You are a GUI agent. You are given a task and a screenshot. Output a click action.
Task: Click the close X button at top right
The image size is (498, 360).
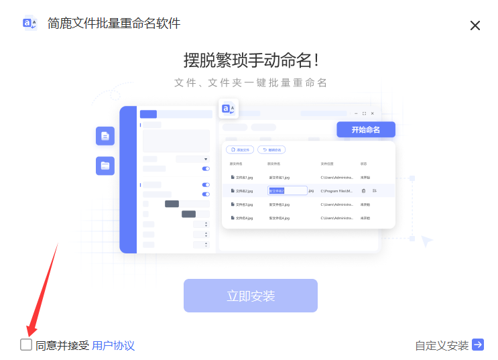pos(475,25)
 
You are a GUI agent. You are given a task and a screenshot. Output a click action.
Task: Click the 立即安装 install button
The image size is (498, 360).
pos(251,296)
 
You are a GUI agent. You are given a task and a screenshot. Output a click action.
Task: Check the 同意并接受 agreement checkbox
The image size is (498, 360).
pos(26,345)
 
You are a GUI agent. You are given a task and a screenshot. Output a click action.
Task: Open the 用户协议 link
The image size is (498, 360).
pos(113,345)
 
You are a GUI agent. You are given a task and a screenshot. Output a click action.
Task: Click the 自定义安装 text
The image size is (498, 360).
pos(442,345)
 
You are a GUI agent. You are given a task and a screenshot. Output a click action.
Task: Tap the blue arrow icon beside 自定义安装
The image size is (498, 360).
pos(478,345)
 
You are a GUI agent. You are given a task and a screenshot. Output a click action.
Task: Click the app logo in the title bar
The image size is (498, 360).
pos(30,23)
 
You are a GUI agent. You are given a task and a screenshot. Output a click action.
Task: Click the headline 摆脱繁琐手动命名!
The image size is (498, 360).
pos(251,60)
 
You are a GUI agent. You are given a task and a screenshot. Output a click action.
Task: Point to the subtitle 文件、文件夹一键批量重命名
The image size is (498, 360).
pos(251,82)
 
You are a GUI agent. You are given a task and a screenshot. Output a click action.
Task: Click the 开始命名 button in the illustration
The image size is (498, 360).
pos(365,129)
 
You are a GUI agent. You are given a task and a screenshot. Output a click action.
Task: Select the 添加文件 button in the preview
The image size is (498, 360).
pos(240,149)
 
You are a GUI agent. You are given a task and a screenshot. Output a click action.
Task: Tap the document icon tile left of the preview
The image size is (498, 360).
pos(105,136)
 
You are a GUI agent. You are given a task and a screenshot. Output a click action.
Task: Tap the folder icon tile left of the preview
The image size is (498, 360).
pos(105,166)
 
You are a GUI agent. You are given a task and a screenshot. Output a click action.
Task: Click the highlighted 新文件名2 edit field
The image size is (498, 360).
pos(287,191)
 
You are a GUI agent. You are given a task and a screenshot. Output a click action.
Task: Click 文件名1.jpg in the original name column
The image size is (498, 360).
pos(242,178)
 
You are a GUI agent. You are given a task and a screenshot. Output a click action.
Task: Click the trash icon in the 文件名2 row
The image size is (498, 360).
pos(363,191)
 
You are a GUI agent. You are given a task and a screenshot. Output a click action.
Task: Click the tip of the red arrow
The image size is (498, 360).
pos(29,335)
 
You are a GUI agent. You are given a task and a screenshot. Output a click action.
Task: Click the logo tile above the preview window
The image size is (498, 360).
pos(229,109)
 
